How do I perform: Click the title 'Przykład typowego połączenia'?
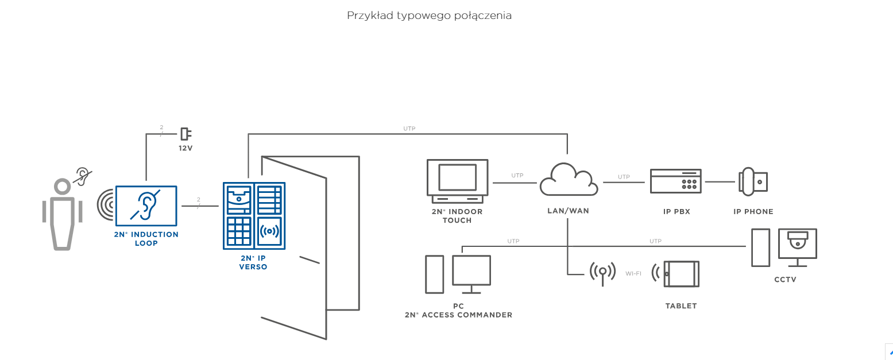click(x=429, y=16)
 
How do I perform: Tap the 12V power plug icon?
click(x=185, y=134)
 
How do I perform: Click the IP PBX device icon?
click(x=676, y=181)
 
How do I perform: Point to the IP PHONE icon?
click(x=753, y=181)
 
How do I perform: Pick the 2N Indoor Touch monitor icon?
click(x=457, y=181)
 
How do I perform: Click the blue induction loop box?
click(x=146, y=206)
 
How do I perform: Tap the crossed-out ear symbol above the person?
click(x=83, y=176)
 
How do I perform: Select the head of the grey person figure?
click(x=62, y=187)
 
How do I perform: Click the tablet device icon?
click(x=681, y=274)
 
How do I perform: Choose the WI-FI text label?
click(x=633, y=273)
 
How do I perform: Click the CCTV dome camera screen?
click(x=797, y=243)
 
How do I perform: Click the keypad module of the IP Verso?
click(x=238, y=231)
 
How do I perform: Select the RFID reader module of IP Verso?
click(x=269, y=231)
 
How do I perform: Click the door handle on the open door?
click(x=310, y=260)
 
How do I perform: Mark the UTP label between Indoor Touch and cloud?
click(x=517, y=176)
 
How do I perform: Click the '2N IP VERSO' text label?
click(x=253, y=262)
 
